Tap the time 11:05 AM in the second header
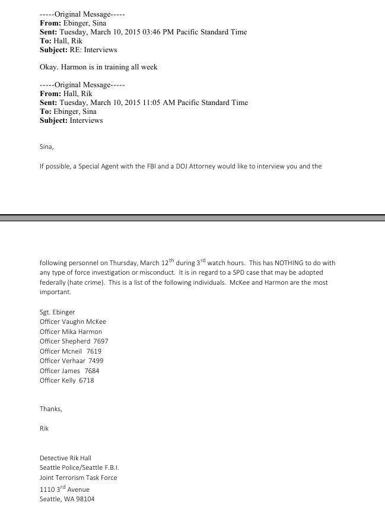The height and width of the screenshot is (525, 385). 166,103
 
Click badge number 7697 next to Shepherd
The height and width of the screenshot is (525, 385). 98,342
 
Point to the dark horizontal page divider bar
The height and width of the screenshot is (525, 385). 192,218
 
